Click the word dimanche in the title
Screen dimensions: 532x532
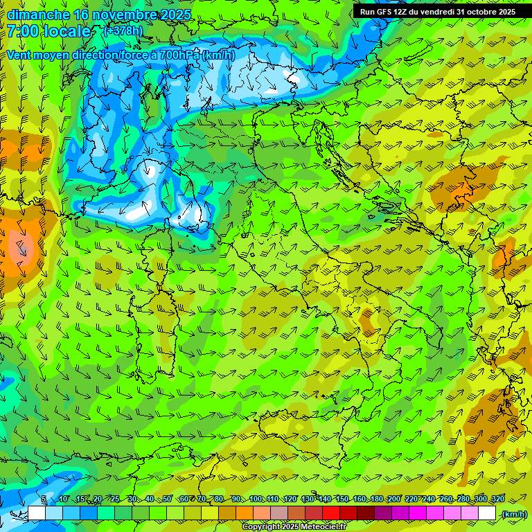(x=37, y=15)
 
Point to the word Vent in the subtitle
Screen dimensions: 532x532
(x=21, y=55)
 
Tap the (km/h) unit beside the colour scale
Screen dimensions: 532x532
(x=513, y=513)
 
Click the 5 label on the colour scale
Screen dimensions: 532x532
(x=44, y=499)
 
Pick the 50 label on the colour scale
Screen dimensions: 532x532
(x=167, y=499)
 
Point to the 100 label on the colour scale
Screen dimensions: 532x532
(x=256, y=499)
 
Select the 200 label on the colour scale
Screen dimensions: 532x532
(x=394, y=499)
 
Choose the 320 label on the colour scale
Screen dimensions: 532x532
(x=498, y=499)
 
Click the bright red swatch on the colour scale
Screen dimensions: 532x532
(x=331, y=513)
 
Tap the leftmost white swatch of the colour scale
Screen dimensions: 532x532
(x=37, y=513)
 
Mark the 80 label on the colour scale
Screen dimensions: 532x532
(x=219, y=499)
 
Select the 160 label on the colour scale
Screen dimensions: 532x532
(x=360, y=499)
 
